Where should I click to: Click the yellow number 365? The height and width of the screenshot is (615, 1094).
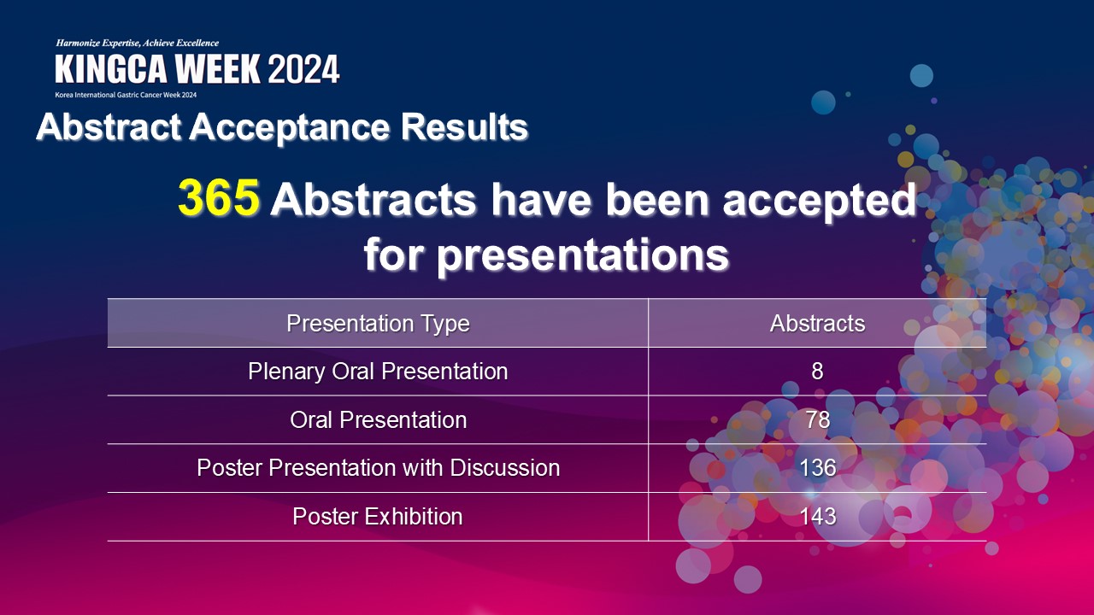(x=218, y=197)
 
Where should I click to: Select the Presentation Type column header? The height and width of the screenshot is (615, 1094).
(x=378, y=324)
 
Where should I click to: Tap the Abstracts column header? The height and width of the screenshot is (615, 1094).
(x=817, y=323)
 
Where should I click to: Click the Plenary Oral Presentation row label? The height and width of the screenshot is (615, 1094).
(x=378, y=372)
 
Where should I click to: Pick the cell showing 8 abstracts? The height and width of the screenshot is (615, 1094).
(x=817, y=372)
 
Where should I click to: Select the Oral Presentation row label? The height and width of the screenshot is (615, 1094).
(x=378, y=419)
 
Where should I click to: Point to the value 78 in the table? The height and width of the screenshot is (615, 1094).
(x=818, y=419)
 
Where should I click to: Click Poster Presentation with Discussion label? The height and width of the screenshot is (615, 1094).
(x=378, y=467)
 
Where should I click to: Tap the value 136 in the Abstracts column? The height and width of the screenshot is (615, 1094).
(x=818, y=467)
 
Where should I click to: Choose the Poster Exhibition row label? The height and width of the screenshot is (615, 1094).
(x=378, y=517)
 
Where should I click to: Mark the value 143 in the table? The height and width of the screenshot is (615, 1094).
(x=818, y=517)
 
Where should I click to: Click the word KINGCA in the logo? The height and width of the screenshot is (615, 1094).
(x=111, y=69)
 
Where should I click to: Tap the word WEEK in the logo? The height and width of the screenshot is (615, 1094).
(x=218, y=69)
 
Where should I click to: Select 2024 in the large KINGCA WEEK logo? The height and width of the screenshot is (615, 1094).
(x=303, y=69)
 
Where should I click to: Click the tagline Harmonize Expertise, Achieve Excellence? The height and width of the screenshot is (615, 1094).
(x=138, y=43)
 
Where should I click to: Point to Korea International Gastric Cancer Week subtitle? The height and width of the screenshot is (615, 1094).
(x=126, y=95)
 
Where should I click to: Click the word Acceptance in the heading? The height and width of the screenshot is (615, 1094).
(x=289, y=128)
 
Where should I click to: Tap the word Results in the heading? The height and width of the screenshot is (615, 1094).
(x=464, y=127)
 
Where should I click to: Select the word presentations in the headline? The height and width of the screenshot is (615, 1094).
(x=583, y=255)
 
